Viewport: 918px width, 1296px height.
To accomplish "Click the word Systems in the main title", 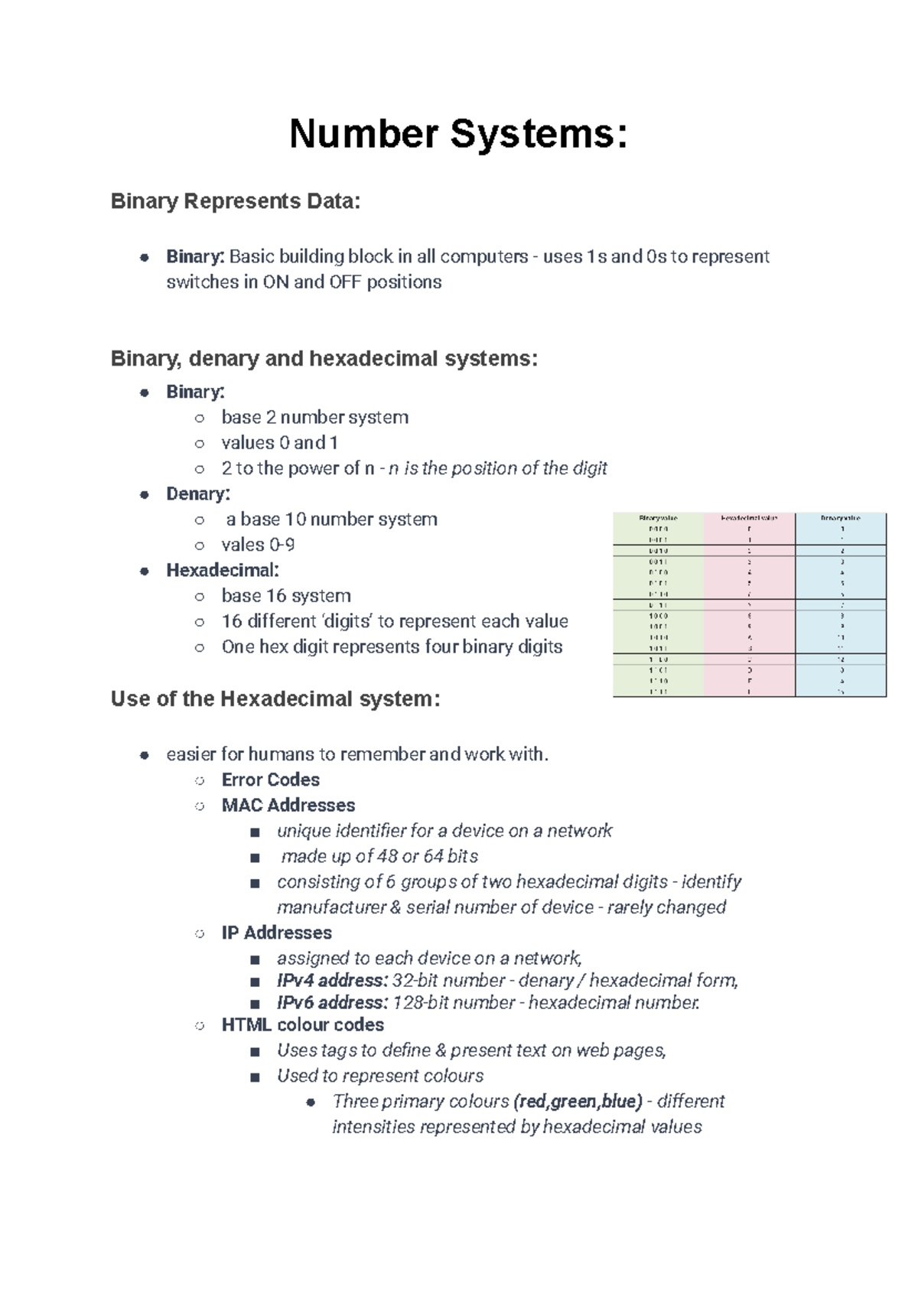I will [539, 135].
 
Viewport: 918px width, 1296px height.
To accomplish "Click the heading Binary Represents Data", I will [235, 201].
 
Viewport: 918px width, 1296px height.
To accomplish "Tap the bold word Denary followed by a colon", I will [197, 493].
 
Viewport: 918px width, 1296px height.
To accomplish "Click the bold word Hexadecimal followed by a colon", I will [222, 570].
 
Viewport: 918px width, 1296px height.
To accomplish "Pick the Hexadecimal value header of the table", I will [749, 518].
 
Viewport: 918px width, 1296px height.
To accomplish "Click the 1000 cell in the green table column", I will [658, 616].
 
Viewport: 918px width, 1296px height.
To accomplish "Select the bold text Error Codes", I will [270, 780].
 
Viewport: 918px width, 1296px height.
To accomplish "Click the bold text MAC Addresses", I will [288, 805].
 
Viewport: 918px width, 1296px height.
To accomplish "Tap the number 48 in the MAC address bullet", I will [387, 856].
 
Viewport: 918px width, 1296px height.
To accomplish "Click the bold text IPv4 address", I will [332, 980].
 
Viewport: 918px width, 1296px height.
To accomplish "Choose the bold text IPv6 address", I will [332, 1002].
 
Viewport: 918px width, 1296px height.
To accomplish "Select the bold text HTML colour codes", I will [302, 1024].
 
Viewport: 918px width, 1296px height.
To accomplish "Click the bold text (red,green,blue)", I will [578, 1101].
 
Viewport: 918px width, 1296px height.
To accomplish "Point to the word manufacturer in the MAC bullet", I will [330, 907].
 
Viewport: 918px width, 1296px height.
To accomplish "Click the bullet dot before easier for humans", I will [144, 755].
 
